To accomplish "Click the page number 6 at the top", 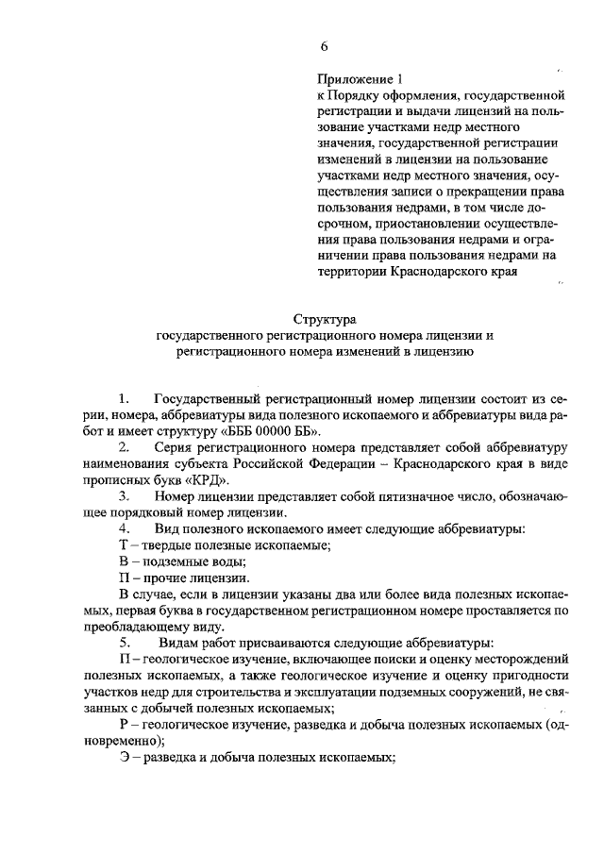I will coord(324,45).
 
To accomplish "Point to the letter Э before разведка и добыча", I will coord(125,759).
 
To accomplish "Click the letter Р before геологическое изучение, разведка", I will coord(125,723).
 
